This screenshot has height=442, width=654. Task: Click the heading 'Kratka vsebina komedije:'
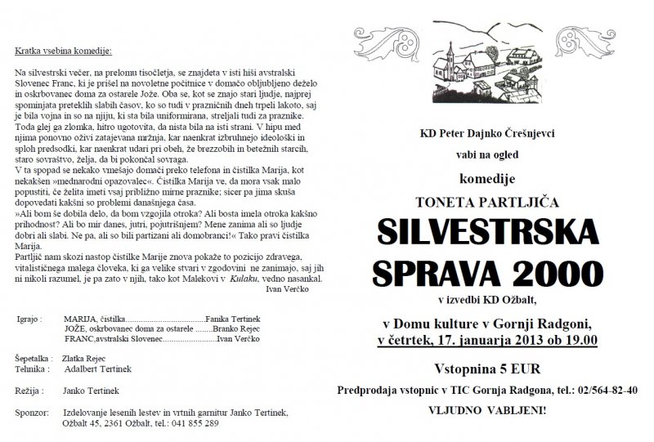[x=62, y=51]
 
